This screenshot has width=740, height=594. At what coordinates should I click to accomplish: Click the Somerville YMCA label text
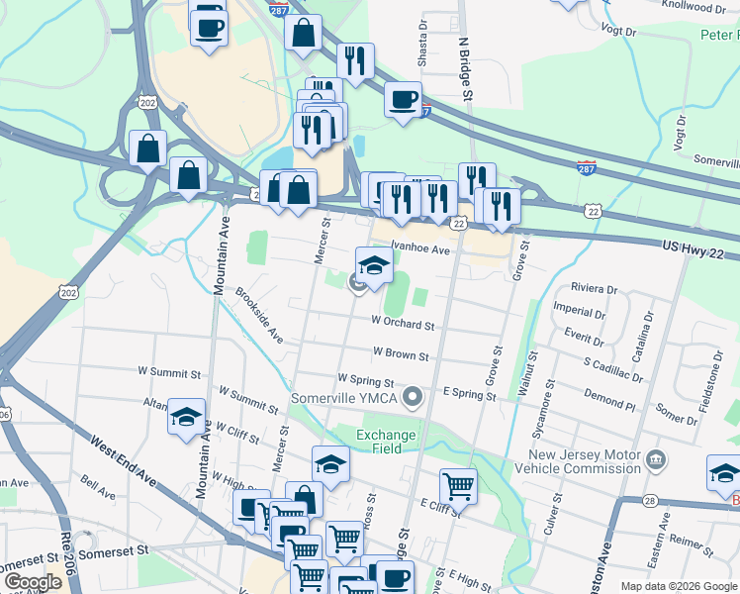tap(344, 399)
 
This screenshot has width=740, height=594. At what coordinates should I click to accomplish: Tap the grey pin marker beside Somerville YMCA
tap(415, 398)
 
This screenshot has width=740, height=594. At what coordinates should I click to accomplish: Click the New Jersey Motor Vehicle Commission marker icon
tap(654, 460)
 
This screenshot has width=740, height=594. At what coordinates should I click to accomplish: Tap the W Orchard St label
tap(403, 323)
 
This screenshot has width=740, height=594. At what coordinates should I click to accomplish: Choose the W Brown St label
tap(401, 353)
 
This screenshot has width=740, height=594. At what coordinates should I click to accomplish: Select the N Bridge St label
tap(463, 70)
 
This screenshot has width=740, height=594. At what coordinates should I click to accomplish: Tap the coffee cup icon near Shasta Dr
tap(403, 100)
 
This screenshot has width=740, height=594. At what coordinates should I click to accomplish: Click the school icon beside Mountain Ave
tap(185, 417)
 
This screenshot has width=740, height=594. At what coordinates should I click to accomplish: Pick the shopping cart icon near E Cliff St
tap(457, 484)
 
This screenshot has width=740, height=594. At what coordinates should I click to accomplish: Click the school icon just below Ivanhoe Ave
tap(374, 264)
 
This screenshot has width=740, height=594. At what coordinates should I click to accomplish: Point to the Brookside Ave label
tap(259, 316)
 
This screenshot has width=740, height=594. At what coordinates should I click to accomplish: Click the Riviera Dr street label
tap(595, 289)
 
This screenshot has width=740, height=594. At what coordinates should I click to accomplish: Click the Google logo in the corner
tap(34, 582)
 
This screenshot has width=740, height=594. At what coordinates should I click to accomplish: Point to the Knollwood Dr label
tap(693, 8)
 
